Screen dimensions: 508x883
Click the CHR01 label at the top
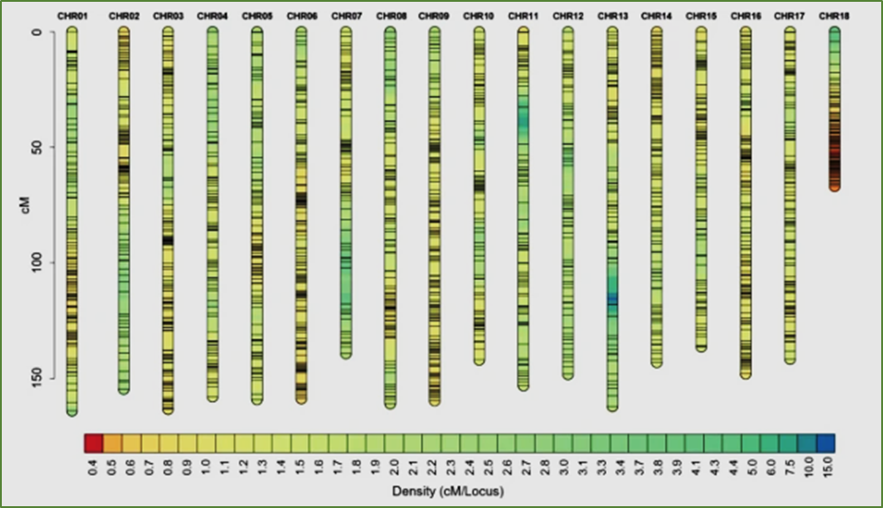tap(72, 16)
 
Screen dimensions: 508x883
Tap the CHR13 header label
tap(612, 16)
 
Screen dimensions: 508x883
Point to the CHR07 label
tap(345, 16)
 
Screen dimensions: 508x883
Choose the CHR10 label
tap(479, 16)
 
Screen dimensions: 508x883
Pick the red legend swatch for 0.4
tap(93, 443)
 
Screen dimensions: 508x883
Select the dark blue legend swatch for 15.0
tap(825, 443)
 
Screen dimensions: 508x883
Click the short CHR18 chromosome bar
tap(834, 108)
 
